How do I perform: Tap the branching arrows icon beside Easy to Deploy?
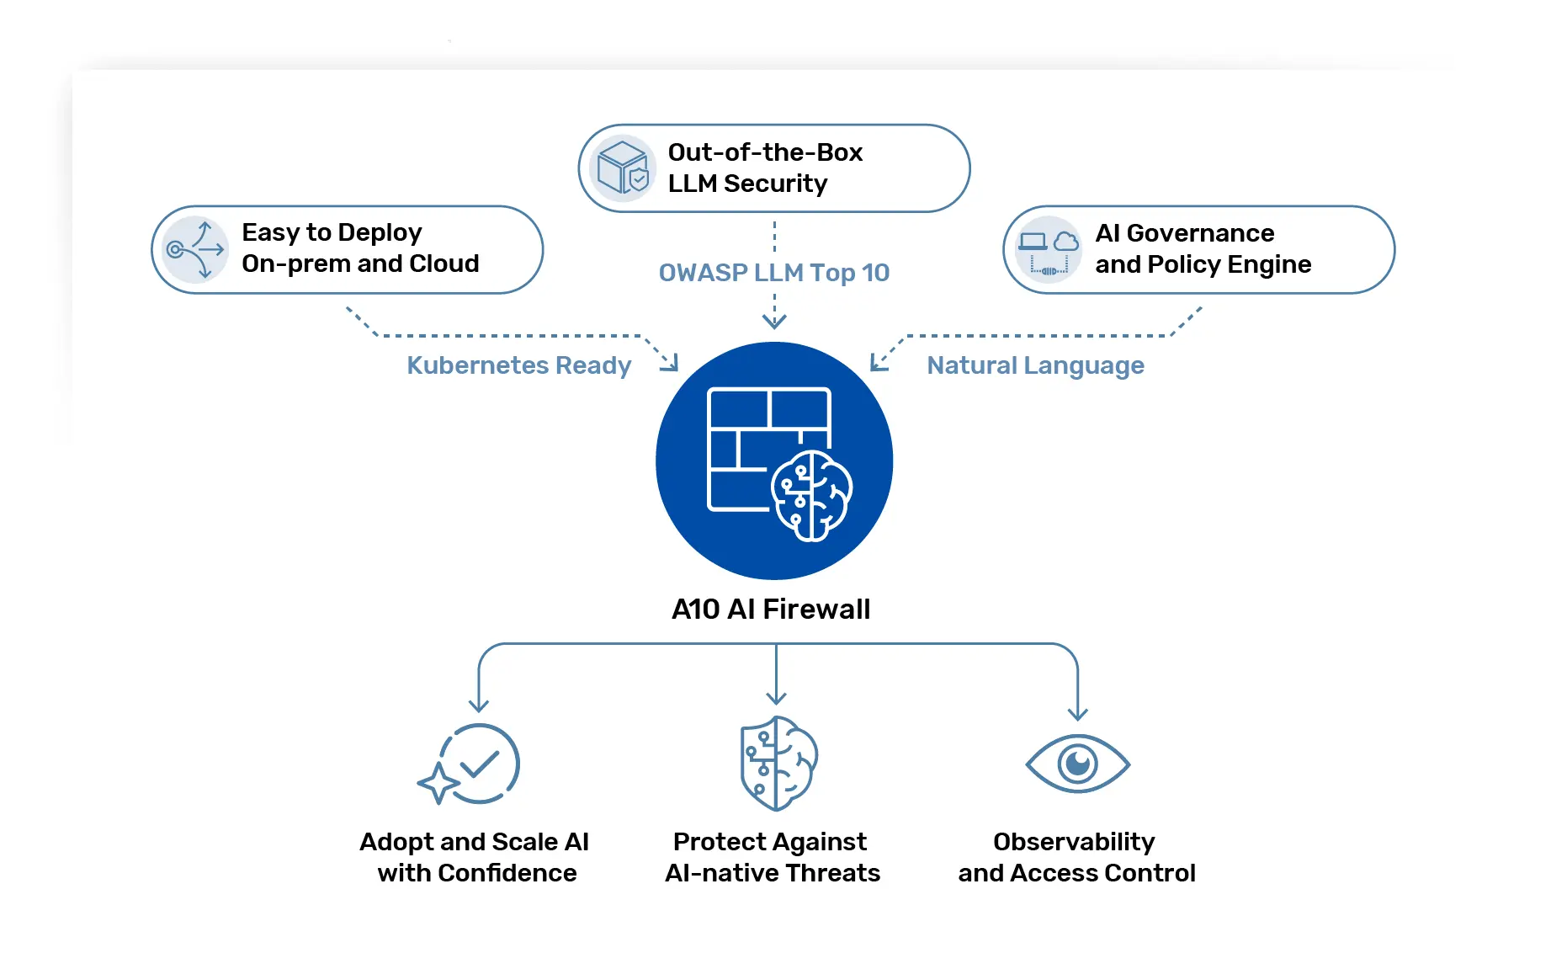coord(195,249)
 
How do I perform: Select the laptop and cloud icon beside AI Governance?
coord(1048,250)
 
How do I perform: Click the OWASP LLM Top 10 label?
coord(773,273)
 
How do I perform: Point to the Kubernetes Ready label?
coord(518,365)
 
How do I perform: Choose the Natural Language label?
coord(1035,365)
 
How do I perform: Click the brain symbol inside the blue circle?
coord(811,496)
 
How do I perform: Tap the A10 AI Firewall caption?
coord(771,609)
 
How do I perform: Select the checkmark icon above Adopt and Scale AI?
coord(477,764)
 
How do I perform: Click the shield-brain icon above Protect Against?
coord(778,764)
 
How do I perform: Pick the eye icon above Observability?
coord(1077,764)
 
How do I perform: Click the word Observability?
coord(1074,842)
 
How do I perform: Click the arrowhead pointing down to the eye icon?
coord(1077,714)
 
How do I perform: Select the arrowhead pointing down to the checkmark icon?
coord(479,705)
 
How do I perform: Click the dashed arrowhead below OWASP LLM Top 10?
coord(774,322)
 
